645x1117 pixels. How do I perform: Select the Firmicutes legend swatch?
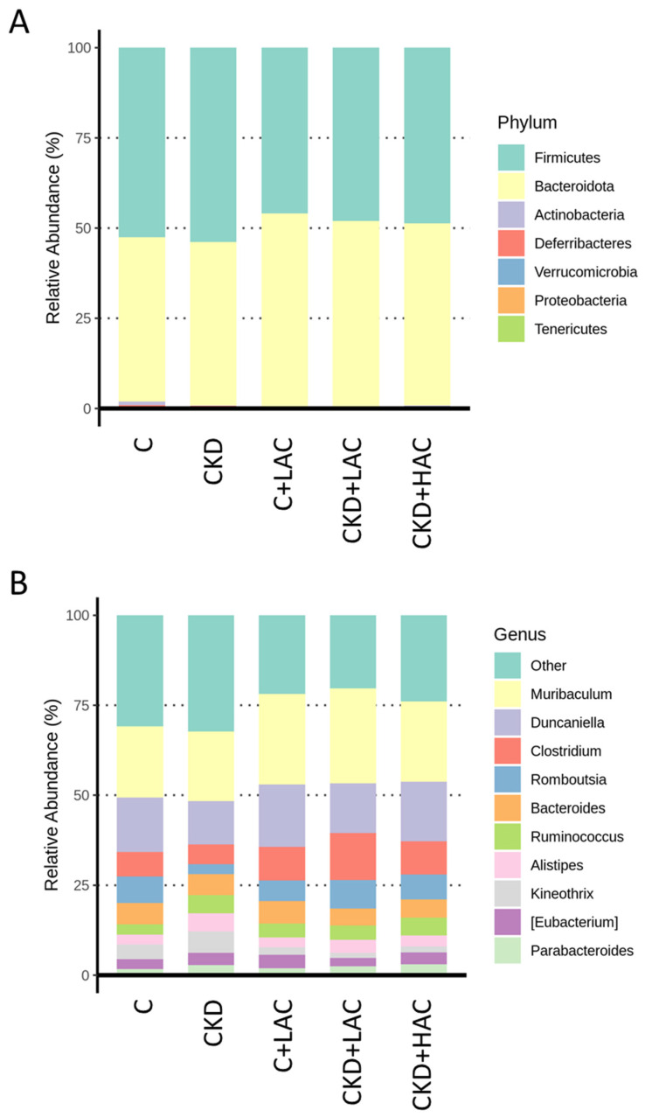tap(514, 157)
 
